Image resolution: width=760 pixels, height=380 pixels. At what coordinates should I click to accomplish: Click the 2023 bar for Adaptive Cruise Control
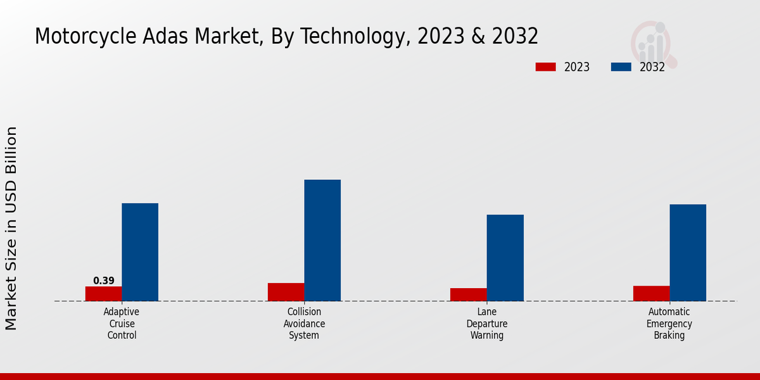[x=103, y=293]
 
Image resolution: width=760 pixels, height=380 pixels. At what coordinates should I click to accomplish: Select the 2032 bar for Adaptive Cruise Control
[x=140, y=252]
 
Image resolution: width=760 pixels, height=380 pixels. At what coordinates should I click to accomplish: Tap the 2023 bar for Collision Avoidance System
[x=286, y=292]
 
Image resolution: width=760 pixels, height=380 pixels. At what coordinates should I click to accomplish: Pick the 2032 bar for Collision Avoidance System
[x=322, y=240]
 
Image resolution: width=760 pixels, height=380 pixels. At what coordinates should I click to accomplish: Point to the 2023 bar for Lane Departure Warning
[x=469, y=294]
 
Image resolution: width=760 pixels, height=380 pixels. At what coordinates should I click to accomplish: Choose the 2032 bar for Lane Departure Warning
[x=505, y=258]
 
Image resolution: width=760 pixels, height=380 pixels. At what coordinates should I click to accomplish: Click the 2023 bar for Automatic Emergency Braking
[x=651, y=293]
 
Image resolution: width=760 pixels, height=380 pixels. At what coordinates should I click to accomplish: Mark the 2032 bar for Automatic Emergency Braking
[x=688, y=252]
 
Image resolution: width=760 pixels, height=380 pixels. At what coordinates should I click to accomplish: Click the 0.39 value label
[x=104, y=281]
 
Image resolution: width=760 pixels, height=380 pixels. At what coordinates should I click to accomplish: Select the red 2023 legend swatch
[x=545, y=67]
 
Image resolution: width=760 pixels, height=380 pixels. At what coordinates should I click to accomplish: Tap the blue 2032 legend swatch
[x=621, y=67]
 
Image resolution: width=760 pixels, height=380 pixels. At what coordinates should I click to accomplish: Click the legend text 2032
[x=652, y=67]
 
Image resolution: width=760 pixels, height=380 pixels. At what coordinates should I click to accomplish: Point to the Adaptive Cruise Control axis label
[x=122, y=324]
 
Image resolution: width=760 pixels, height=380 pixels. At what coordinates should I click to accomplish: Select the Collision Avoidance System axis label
[x=304, y=324]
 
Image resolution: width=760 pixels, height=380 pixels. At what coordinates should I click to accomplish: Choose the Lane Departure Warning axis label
[x=487, y=324]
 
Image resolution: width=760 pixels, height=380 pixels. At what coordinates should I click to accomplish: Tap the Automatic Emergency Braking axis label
[x=669, y=324]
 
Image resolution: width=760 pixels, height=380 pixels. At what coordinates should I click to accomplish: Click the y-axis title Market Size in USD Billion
[x=11, y=228]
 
